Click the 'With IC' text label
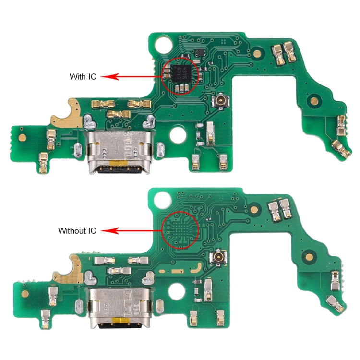tap(83, 76)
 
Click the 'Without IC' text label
tap(77, 231)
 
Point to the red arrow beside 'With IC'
tap(132, 76)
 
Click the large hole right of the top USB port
tap(179, 134)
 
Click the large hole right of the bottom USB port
tap(179, 291)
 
